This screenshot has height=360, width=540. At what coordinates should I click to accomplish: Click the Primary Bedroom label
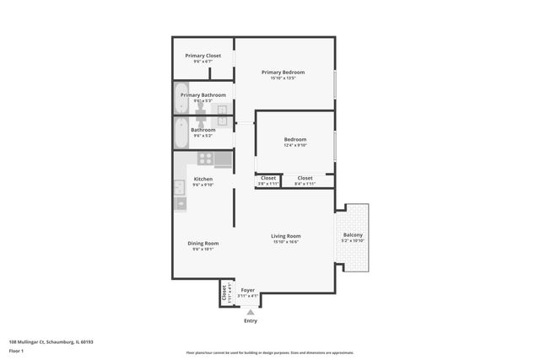click(283, 73)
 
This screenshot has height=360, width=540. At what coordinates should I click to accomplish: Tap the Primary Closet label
click(202, 56)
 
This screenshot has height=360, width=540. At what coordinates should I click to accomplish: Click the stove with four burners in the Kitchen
click(204, 158)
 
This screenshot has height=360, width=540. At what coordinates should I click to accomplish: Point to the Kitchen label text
click(202, 179)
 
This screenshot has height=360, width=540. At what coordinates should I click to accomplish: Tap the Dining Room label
click(202, 243)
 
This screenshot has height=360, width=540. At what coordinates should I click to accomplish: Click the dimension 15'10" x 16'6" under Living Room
click(285, 243)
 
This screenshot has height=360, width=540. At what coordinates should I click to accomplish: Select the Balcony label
click(353, 235)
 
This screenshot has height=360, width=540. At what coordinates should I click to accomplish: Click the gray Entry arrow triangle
click(250, 312)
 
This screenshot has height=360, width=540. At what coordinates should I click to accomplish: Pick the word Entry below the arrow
click(251, 321)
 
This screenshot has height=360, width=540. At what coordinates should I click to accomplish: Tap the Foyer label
click(247, 290)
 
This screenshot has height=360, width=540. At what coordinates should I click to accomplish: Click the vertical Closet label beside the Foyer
click(224, 294)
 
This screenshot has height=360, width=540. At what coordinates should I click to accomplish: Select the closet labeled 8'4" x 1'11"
click(305, 180)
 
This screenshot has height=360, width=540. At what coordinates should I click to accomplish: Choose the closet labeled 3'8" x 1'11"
click(267, 180)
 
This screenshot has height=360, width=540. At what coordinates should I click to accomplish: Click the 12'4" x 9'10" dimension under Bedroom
click(294, 145)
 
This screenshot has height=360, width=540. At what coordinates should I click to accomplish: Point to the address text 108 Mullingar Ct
click(51, 342)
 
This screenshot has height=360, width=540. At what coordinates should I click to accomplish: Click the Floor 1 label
click(17, 351)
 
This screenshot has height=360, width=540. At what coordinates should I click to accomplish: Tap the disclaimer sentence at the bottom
click(269, 352)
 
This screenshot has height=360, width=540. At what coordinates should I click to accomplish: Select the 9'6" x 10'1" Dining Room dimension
click(202, 250)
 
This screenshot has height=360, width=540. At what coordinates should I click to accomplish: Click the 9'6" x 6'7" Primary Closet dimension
click(202, 62)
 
